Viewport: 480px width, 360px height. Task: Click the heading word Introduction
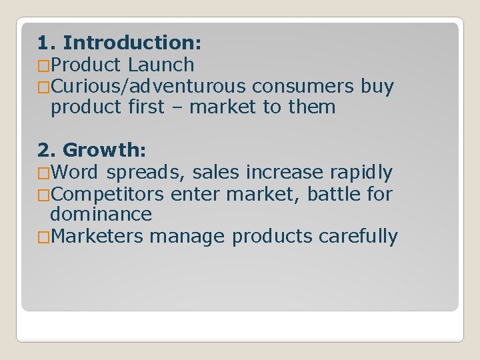(131, 43)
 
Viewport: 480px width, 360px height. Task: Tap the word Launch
(161, 65)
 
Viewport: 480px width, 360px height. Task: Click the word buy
(377, 87)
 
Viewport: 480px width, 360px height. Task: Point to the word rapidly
(361, 173)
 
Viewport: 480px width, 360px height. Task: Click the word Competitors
(107, 194)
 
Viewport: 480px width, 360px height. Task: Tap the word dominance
(101, 215)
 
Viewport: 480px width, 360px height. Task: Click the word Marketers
(97, 237)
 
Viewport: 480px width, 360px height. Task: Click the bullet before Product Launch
(44, 66)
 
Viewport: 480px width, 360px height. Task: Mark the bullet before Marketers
(44, 237)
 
